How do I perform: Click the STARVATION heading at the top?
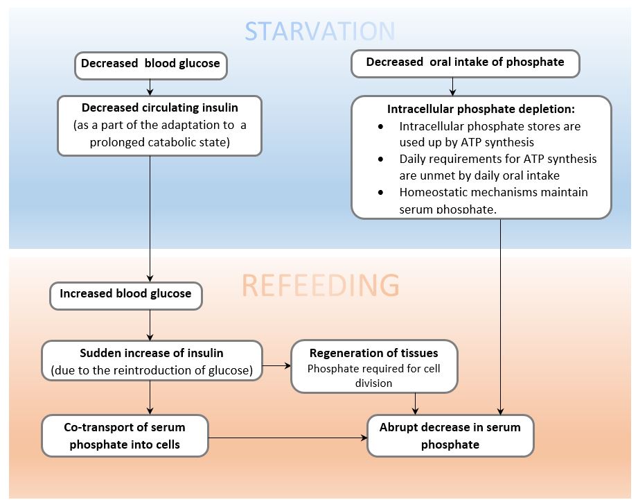[x=319, y=31]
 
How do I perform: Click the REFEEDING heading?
[x=319, y=285]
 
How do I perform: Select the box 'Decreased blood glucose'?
[x=150, y=64]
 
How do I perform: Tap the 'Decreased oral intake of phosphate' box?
[x=465, y=62]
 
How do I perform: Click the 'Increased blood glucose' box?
[x=125, y=294]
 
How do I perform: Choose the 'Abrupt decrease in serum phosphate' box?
[x=450, y=435]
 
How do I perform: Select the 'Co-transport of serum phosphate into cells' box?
[x=125, y=435]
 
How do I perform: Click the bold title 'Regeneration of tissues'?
[x=373, y=354]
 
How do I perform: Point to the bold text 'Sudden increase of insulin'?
[x=152, y=354]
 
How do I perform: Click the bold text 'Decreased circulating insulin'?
[x=159, y=107]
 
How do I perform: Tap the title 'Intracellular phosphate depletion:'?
[x=481, y=110]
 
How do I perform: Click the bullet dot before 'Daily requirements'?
[x=381, y=159]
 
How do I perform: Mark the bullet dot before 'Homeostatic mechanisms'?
[x=381, y=192]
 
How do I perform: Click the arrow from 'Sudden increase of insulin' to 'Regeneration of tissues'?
[x=276, y=365]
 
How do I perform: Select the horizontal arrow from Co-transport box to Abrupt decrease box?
[x=287, y=438]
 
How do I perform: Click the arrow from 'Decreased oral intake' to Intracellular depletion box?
[x=452, y=86]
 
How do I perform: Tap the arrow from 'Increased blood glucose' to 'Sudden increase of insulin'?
[x=150, y=324]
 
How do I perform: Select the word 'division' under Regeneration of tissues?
[x=373, y=383]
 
